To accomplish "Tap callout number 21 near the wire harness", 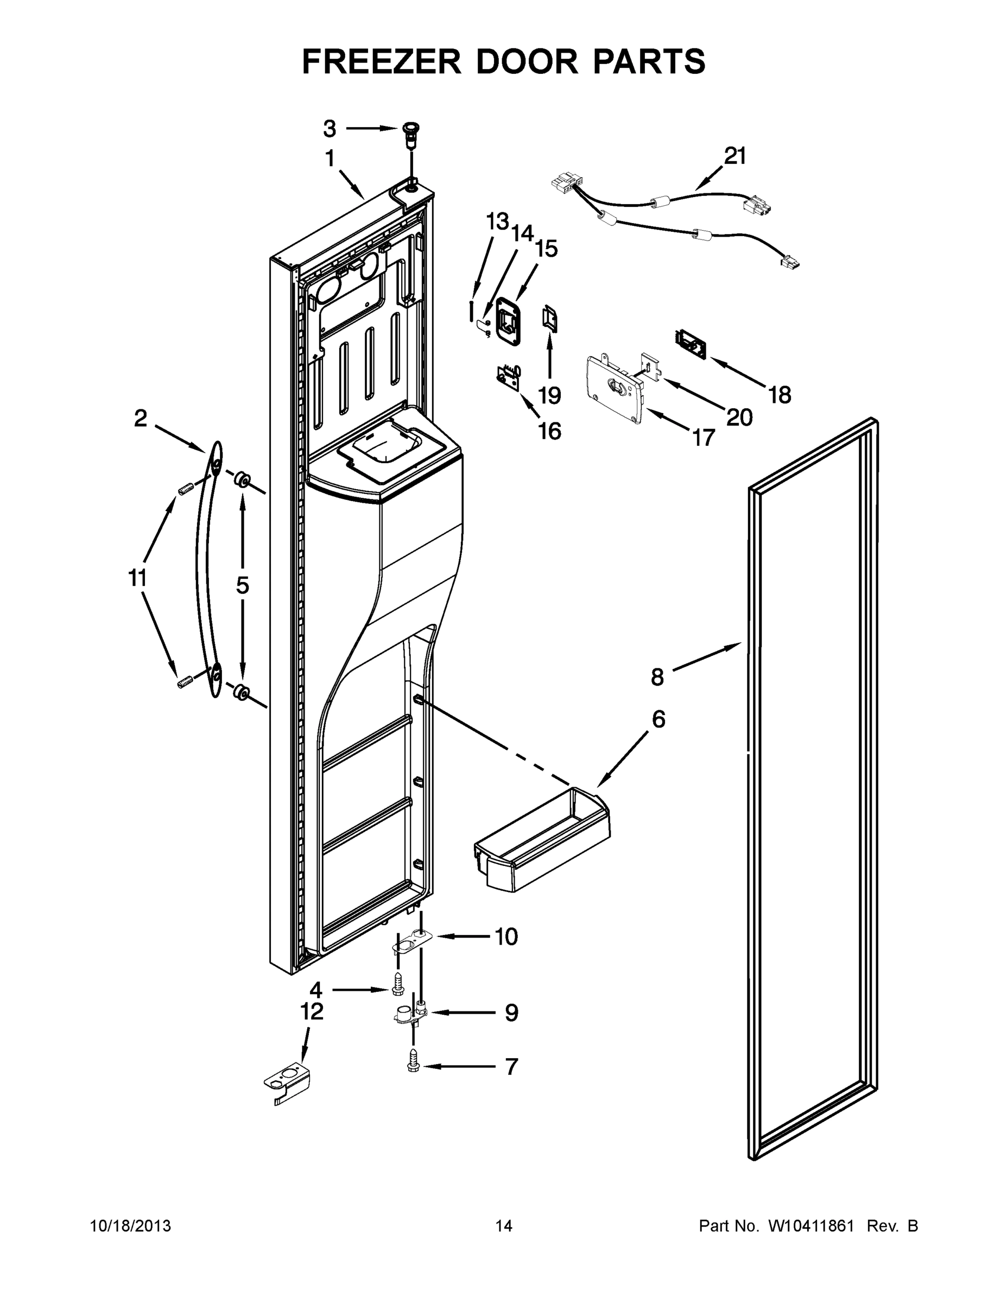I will (x=735, y=156).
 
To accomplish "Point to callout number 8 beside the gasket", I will (x=657, y=677).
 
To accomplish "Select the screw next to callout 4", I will (x=398, y=989).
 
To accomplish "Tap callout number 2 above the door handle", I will (x=140, y=418).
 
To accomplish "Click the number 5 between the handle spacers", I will (x=242, y=585).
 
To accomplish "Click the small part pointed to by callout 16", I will (x=508, y=378).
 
